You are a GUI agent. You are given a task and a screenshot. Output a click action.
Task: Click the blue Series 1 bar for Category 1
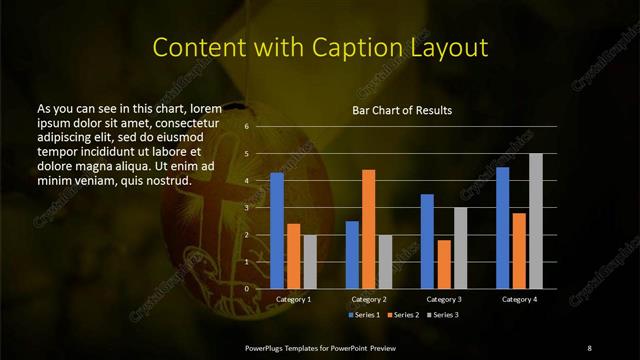pyautogui.click(x=277, y=230)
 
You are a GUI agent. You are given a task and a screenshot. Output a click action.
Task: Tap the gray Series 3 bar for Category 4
pyautogui.click(x=535, y=221)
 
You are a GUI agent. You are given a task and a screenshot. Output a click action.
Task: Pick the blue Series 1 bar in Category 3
pyautogui.click(x=427, y=241)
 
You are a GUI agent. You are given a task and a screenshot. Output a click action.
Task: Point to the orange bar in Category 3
pyautogui.click(x=443, y=264)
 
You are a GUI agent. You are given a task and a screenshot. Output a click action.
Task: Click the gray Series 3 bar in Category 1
pyautogui.click(x=309, y=261)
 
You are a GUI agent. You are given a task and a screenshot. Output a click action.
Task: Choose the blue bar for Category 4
pyautogui.click(x=502, y=227)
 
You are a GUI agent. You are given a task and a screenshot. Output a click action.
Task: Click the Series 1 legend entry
pyautogui.click(x=363, y=314)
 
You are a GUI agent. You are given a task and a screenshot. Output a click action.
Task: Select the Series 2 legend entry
pyautogui.click(x=402, y=314)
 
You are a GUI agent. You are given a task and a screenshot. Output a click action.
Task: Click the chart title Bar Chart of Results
pyautogui.click(x=402, y=109)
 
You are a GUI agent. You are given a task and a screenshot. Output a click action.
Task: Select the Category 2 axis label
pyautogui.click(x=368, y=299)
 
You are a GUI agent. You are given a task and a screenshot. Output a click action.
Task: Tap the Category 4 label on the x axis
pyautogui.click(x=519, y=299)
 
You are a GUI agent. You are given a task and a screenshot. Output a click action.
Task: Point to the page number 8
pyautogui.click(x=589, y=347)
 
